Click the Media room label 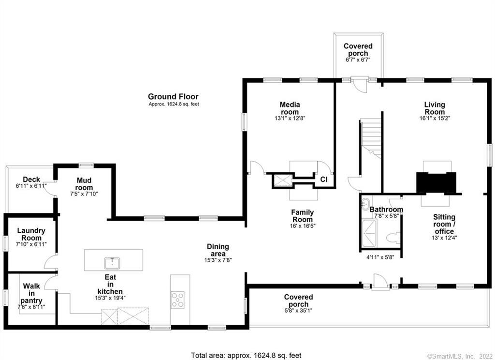[x=290, y=108]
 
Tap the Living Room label [x=434, y=108]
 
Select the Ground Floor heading [x=173, y=97]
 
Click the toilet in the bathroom [x=394, y=237]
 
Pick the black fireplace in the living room [x=437, y=182]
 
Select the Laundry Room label [x=30, y=234]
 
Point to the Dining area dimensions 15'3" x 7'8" [x=217, y=259]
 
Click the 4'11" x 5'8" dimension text [x=380, y=257]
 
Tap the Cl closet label [x=324, y=179]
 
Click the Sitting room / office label [x=444, y=225]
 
